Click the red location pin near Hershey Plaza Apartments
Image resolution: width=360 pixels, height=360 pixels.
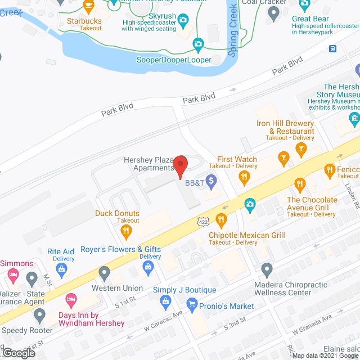pos(180,165)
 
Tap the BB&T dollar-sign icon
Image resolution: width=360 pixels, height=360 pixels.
pos(211,181)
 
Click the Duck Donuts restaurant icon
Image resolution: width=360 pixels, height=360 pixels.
pos(128,230)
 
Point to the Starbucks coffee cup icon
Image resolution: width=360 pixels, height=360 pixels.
pos(88,6)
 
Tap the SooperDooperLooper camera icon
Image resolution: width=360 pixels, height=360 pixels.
pos(198,44)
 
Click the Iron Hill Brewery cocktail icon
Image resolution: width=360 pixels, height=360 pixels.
pos(301,149)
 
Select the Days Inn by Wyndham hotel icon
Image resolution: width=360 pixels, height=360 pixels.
pos(71,298)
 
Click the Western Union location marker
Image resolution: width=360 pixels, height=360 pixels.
pos(104,273)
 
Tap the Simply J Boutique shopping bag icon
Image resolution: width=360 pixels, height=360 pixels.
pos(166,303)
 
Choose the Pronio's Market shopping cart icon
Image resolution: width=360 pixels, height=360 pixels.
pos(192,307)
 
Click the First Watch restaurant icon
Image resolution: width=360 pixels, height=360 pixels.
pos(244,178)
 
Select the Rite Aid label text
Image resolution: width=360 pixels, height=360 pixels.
pos(61,251)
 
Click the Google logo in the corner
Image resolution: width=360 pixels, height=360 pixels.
pos(18,353)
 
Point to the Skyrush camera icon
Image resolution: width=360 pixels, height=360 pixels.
pos(183,21)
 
